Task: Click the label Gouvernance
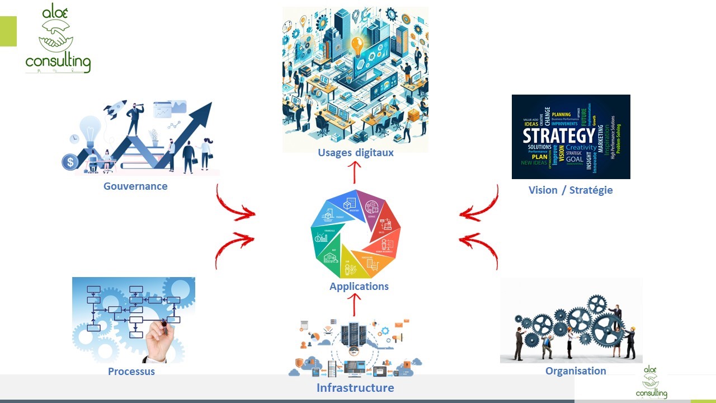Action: click(135, 186)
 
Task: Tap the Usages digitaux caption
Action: click(356, 153)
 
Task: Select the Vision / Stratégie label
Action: click(571, 190)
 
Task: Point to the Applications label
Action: click(359, 287)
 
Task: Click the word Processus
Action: click(131, 371)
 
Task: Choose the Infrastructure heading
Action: click(355, 388)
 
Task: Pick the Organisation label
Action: click(576, 371)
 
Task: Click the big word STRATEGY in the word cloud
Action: click(558, 136)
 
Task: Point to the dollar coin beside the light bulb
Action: click(70, 162)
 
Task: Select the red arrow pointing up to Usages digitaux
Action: click(354, 172)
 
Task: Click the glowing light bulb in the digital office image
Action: click(356, 44)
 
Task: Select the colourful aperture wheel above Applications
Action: click(356, 234)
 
